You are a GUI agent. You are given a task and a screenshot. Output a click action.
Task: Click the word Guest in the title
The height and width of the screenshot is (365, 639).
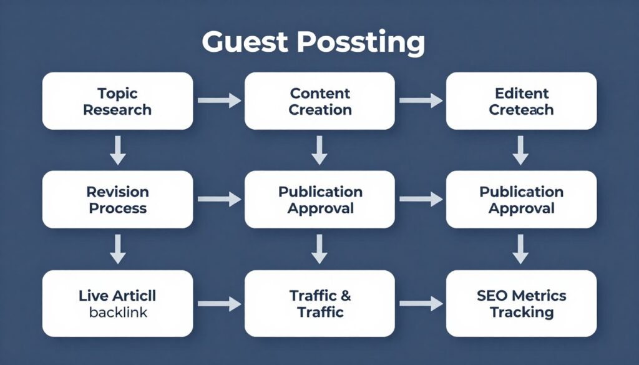pyautogui.click(x=245, y=42)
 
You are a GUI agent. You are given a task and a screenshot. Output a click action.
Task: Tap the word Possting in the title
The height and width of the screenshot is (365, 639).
pyautogui.click(x=360, y=42)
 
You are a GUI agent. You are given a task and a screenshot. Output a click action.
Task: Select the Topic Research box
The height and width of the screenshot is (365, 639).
pyautogui.click(x=117, y=101)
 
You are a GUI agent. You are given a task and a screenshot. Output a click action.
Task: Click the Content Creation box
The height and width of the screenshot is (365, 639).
pyautogui.click(x=319, y=101)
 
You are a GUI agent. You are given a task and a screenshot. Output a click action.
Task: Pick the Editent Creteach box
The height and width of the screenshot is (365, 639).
pyautogui.click(x=521, y=101)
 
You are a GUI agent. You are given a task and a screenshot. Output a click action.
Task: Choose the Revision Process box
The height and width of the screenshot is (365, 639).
pyautogui.click(x=117, y=199)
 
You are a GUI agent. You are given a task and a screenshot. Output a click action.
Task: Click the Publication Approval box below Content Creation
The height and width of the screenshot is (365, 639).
pyautogui.click(x=319, y=199)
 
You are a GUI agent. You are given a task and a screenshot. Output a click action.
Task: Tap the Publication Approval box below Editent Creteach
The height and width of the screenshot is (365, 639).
pyautogui.click(x=521, y=199)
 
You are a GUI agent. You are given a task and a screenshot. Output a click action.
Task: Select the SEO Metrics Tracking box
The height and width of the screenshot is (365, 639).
pyautogui.click(x=521, y=303)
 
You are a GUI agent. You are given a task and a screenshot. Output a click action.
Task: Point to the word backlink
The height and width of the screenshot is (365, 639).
pyautogui.click(x=117, y=312)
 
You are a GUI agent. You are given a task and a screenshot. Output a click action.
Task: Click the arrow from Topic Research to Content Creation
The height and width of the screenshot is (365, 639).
pyautogui.click(x=219, y=100)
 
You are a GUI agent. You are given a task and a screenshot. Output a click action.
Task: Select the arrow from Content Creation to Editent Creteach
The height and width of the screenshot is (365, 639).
pyautogui.click(x=420, y=100)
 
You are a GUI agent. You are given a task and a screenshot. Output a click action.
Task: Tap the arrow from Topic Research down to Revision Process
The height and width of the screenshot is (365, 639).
pyautogui.click(x=117, y=150)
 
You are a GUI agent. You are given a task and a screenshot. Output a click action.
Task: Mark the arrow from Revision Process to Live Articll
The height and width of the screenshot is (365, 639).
pyautogui.click(x=117, y=248)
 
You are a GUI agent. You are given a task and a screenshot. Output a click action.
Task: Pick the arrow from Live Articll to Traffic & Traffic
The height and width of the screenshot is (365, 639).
pyautogui.click(x=219, y=304)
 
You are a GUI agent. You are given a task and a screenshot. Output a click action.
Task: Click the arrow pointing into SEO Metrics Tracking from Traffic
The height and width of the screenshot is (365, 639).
pyautogui.click(x=420, y=304)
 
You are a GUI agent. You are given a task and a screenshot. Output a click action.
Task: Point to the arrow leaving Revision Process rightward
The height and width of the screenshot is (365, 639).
pyautogui.click(x=219, y=199)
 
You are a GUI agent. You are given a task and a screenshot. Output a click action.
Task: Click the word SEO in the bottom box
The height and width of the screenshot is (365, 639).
pyautogui.click(x=492, y=295)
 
